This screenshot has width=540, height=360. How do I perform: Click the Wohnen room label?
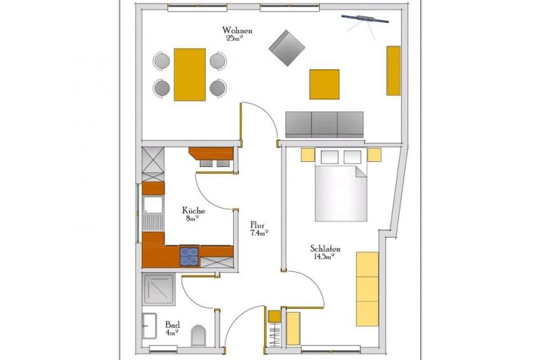(237, 31)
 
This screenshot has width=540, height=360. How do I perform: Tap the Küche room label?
(194, 210)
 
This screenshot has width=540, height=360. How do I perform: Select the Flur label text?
(257, 226)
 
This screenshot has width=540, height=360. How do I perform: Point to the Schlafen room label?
(325, 248)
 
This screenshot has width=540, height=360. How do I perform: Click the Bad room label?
(172, 324)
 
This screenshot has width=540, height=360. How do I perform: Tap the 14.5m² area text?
(324, 257)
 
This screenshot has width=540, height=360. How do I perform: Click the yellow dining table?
(190, 75)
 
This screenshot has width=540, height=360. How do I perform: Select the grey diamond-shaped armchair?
(287, 48)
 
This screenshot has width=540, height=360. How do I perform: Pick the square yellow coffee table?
(324, 84)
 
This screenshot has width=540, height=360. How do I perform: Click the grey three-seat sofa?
(324, 125)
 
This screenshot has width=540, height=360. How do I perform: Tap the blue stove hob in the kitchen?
(189, 257)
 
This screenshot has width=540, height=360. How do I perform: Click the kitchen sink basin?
(153, 205)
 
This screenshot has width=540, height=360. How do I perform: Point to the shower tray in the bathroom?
(159, 289)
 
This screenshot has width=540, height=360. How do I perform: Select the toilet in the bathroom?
(199, 335)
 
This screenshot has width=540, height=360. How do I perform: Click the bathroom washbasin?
(150, 326)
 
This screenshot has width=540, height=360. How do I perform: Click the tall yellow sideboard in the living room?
(394, 71)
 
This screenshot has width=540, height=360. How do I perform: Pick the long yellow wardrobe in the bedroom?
(367, 289)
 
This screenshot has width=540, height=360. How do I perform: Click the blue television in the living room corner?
(365, 19)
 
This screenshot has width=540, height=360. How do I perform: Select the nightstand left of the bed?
(308, 155)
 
